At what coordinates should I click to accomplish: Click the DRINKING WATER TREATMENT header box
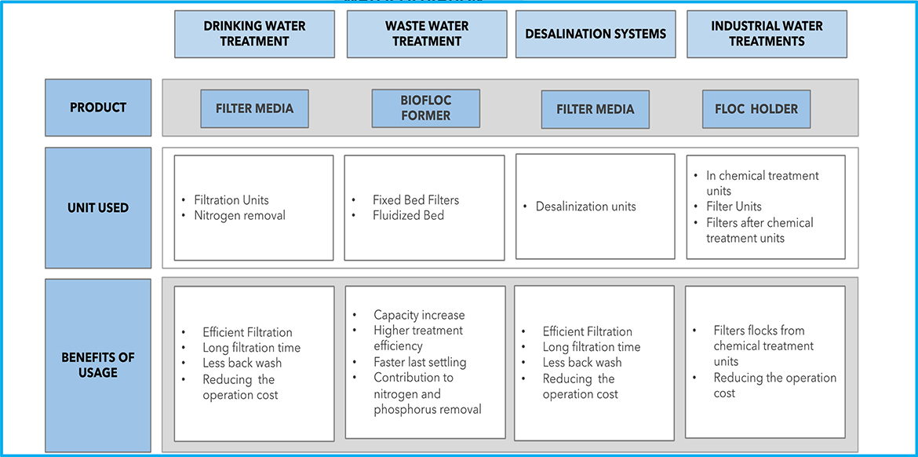click(254, 34)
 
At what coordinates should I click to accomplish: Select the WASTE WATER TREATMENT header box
click(426, 34)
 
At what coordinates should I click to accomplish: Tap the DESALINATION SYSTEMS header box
click(596, 34)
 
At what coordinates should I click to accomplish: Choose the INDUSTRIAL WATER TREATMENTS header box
click(767, 34)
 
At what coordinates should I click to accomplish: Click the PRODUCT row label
click(98, 108)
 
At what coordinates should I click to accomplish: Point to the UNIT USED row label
click(98, 208)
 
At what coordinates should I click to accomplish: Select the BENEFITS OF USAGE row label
click(98, 365)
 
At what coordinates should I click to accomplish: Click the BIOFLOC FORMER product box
click(425, 108)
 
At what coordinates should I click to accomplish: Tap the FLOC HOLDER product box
click(756, 109)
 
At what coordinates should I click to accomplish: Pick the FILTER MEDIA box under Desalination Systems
click(595, 109)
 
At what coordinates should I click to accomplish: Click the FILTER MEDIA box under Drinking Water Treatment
click(254, 109)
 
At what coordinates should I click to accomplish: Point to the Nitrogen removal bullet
click(239, 215)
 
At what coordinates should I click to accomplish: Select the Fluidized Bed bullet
click(408, 215)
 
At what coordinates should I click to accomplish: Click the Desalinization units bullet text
click(585, 207)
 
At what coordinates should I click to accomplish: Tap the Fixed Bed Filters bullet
click(416, 199)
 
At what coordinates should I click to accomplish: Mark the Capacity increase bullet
click(419, 315)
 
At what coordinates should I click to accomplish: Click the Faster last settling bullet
click(420, 362)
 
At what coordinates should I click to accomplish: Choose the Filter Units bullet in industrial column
click(734, 207)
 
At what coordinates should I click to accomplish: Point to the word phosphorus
click(410, 409)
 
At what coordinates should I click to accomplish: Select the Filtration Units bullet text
click(231, 199)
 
